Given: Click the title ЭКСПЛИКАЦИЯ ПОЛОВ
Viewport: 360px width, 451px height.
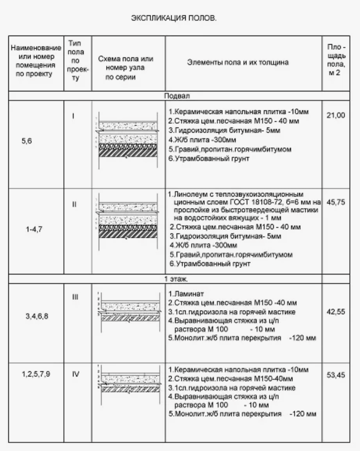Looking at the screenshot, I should point(173,18).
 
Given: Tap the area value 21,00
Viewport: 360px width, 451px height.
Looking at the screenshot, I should point(335,115).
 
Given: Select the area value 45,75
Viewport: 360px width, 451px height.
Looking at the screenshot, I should point(335,202).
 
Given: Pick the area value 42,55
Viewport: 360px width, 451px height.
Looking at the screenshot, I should point(335,311).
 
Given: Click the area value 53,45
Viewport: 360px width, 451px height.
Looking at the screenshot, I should point(335,375).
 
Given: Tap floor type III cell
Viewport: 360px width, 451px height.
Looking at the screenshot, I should point(75,297).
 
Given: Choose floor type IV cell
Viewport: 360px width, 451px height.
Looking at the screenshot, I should point(76,374).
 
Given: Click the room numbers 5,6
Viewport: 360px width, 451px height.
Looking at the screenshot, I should point(27,141).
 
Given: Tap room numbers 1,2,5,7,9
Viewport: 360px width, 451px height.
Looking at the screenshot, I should point(36,374).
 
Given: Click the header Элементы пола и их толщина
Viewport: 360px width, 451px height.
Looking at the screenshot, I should point(238,62).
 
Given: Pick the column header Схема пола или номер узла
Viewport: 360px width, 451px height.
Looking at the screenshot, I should point(125,68).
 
